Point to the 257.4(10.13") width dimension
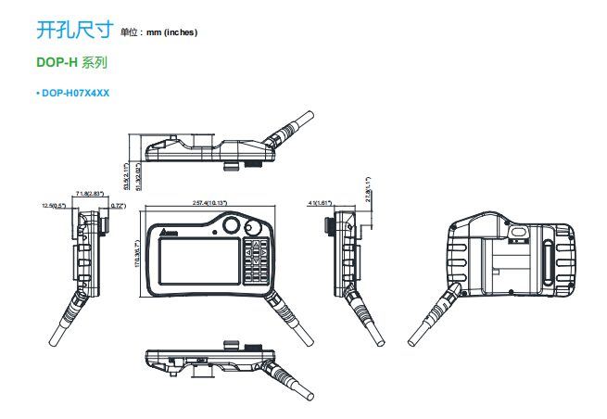pos(209,202)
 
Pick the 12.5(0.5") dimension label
pos(55,205)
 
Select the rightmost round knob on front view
pos(253,227)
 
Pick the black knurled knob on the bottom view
pos(233,347)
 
